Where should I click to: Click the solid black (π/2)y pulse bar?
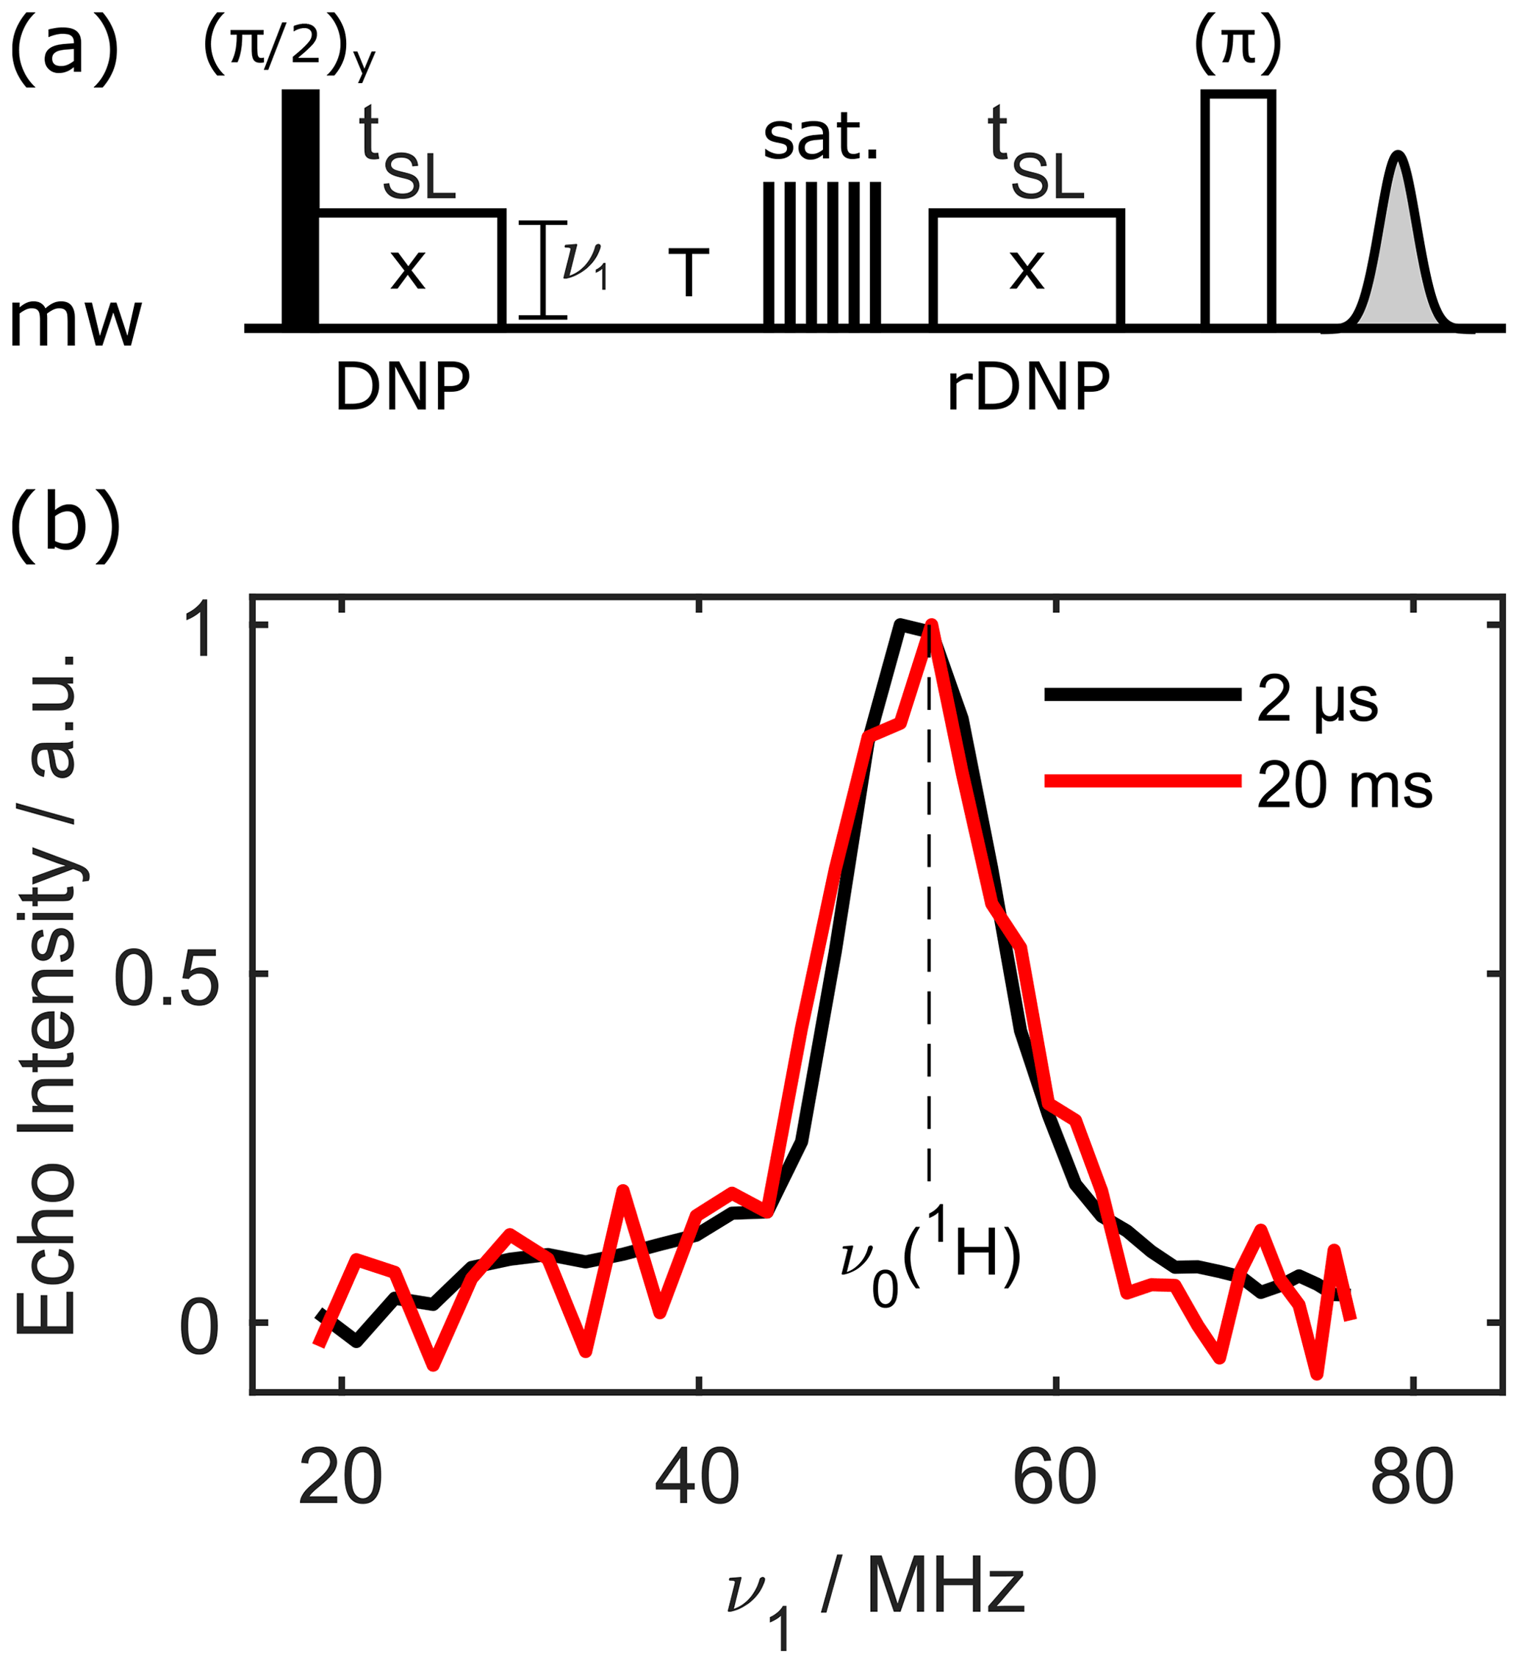[x=301, y=208]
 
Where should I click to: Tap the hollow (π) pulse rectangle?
[x=1238, y=209]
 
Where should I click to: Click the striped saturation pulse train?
[x=822, y=254]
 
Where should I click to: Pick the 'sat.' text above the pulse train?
[x=821, y=138]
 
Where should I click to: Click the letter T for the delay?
[x=688, y=273]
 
